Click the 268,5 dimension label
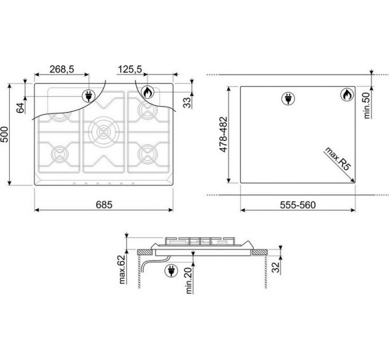[x=62, y=69]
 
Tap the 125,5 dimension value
[x=130, y=69]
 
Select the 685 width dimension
[x=104, y=205]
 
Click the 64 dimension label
[x=21, y=107]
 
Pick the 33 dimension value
[x=188, y=102]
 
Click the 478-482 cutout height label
[x=223, y=134]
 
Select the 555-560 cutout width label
[x=297, y=205]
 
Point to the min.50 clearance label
[x=367, y=105]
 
